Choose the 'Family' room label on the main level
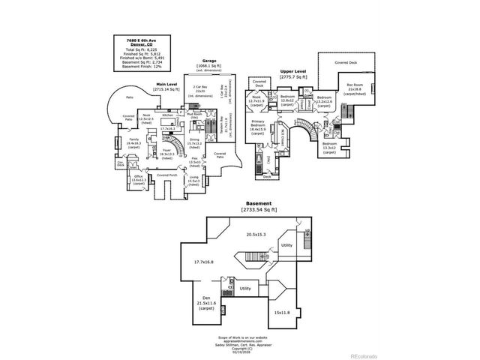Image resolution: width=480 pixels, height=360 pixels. click(133, 139)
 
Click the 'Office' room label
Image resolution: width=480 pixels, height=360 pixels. click(139, 177)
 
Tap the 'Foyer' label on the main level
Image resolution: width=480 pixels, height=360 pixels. click(167, 150)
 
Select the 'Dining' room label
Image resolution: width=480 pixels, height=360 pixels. click(194, 139)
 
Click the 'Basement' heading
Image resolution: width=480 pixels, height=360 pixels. click(258, 203)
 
